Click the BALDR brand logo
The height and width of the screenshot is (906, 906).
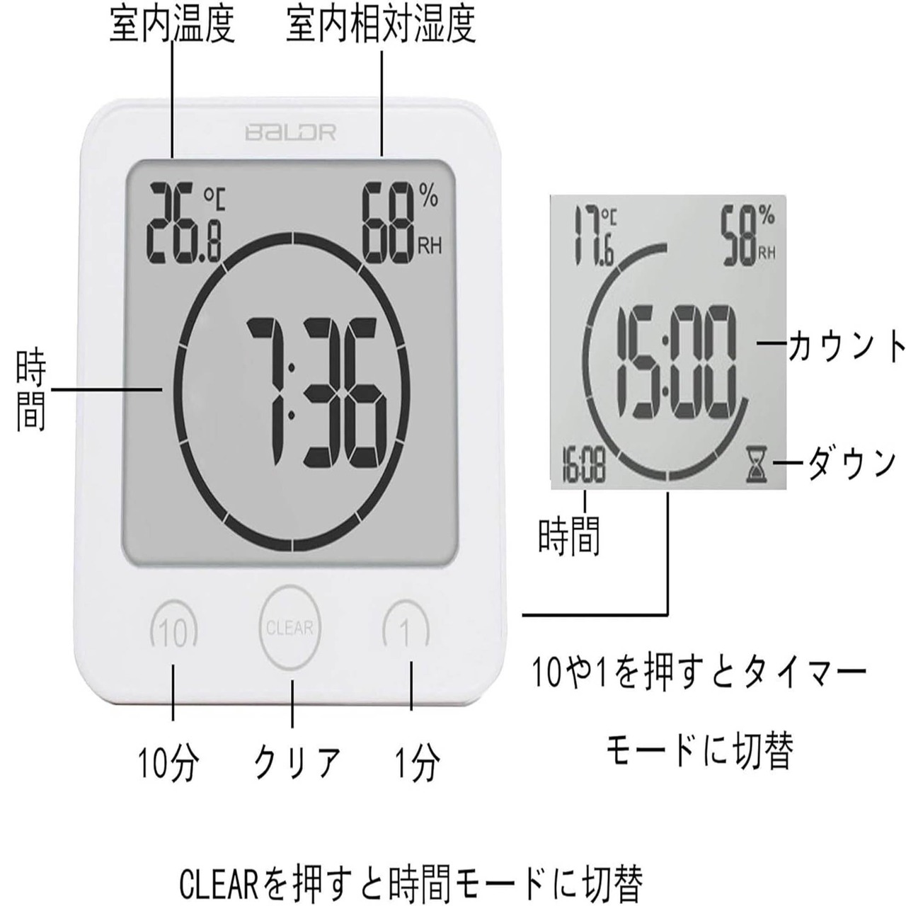pyautogui.click(x=290, y=132)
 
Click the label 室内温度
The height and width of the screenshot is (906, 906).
pyautogui.click(x=172, y=26)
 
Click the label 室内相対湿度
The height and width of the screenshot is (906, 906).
pyautogui.click(x=381, y=26)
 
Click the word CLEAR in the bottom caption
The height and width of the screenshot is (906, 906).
pyautogui.click(x=220, y=881)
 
